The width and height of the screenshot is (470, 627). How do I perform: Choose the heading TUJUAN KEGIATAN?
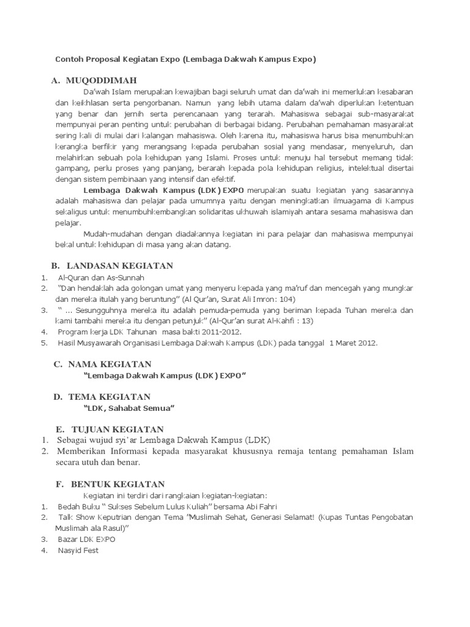click(117, 429)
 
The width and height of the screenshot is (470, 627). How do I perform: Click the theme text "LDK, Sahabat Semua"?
click(129, 408)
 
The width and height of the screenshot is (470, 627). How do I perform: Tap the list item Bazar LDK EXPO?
click(86, 539)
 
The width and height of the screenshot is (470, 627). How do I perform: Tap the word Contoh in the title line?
click(69, 59)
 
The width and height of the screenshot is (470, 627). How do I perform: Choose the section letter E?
click(59, 429)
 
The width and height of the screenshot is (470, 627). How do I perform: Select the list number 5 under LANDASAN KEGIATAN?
click(44, 343)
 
